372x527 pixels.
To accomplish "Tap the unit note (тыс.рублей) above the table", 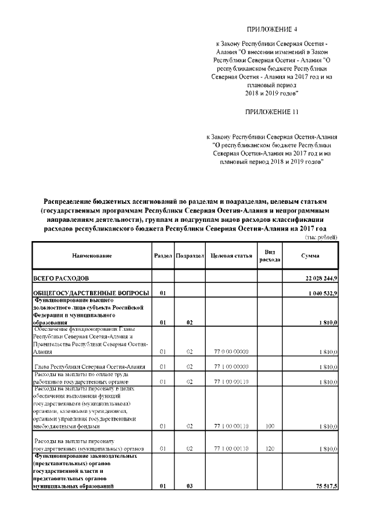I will point(321,237).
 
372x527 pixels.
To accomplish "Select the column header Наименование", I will point(92,256).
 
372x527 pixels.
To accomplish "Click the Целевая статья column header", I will point(231,256).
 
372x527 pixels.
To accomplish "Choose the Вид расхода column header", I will point(270,256).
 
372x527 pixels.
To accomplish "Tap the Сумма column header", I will point(309,256).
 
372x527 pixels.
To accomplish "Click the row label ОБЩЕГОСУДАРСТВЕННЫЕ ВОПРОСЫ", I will point(91,292).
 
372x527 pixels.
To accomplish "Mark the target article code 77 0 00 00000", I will point(231,352).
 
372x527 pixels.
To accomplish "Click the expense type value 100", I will point(269,426).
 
